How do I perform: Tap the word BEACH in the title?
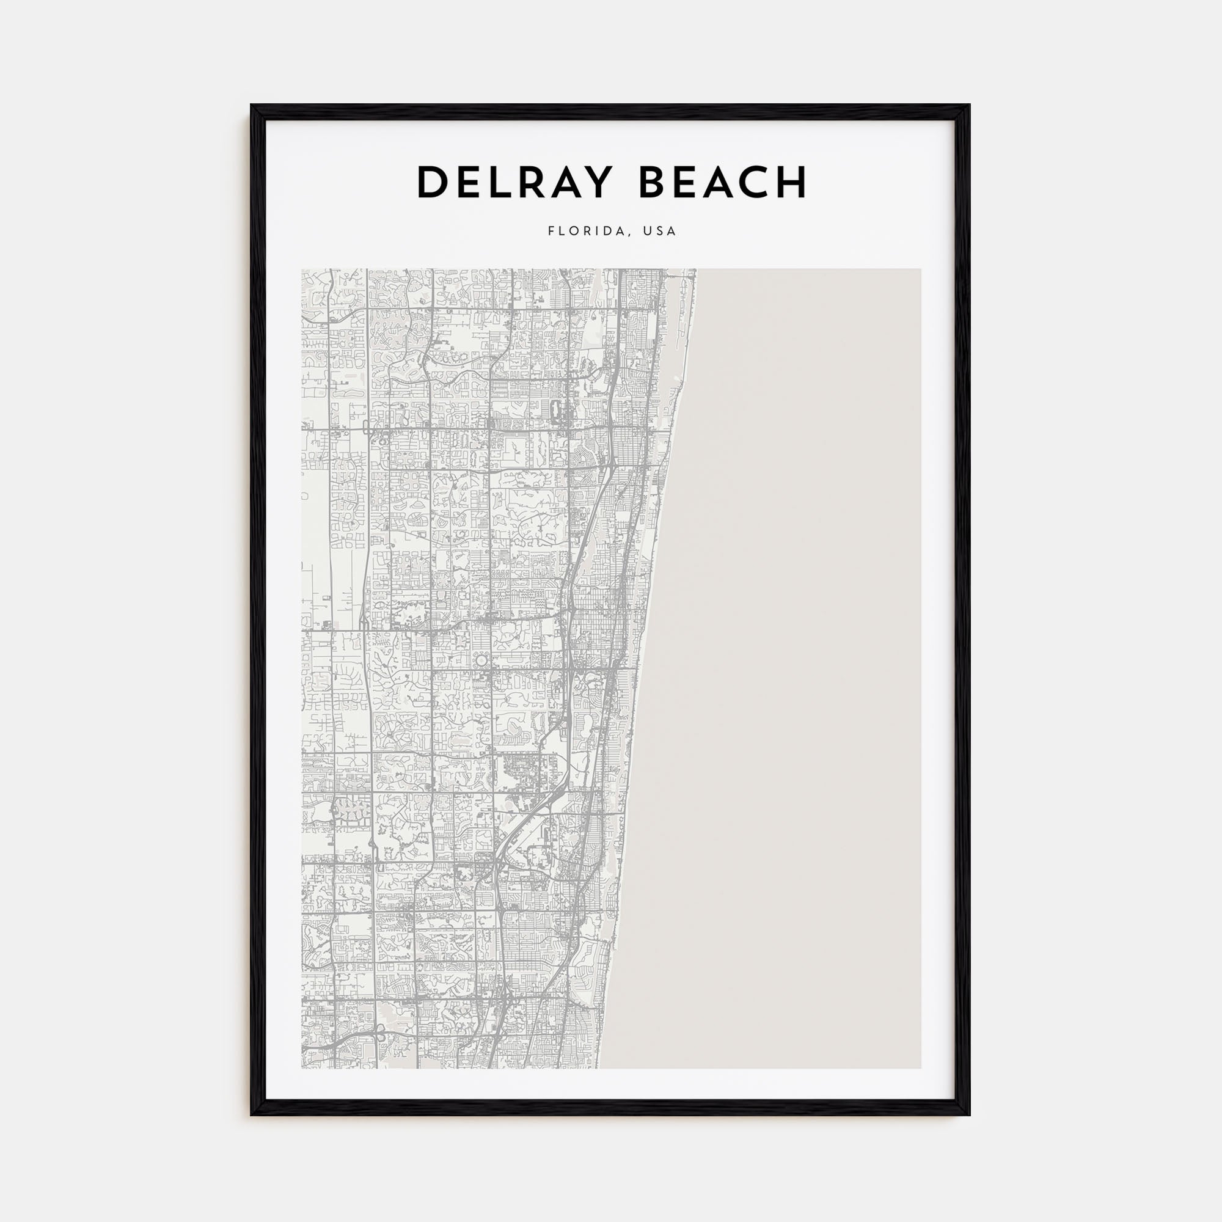(x=723, y=183)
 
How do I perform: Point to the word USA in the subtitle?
(x=660, y=232)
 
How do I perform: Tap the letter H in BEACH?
(x=791, y=183)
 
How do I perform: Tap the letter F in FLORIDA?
(x=551, y=232)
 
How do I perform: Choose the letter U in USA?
(x=646, y=232)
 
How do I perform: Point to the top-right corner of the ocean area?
(x=920, y=270)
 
